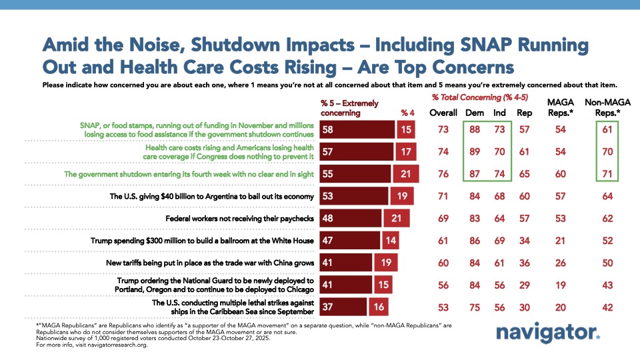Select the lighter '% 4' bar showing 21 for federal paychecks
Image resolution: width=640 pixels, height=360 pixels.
(399, 218)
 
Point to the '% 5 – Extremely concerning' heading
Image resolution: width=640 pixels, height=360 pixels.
(350, 107)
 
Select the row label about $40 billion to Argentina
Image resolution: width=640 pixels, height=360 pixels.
(211, 197)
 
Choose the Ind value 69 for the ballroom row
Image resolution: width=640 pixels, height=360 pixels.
(499, 241)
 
